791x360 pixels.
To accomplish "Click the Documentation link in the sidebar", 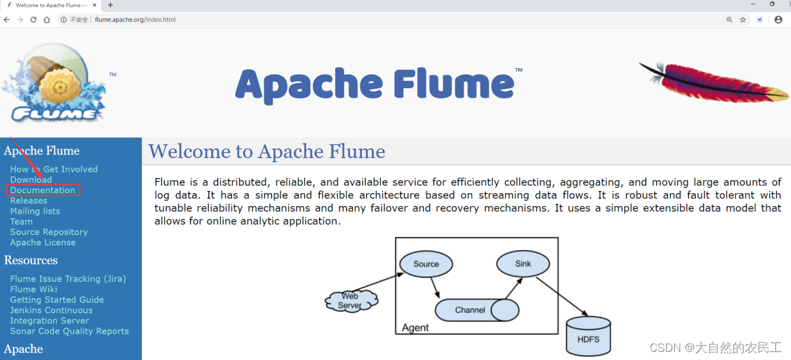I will [x=43, y=190].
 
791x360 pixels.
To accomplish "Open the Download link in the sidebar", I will [x=31, y=179].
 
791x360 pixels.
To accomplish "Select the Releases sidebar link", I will [x=29, y=201].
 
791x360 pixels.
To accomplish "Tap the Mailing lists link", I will [x=35, y=211].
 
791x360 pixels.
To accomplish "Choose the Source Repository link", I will [x=49, y=232].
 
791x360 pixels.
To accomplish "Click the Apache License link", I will [x=43, y=242].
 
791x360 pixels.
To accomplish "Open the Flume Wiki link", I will [x=34, y=289].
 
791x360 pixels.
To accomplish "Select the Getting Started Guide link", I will [x=57, y=300].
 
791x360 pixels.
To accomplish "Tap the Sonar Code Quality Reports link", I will [x=69, y=331].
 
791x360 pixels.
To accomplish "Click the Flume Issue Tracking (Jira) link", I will [x=68, y=279].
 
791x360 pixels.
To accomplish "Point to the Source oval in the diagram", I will [x=426, y=264].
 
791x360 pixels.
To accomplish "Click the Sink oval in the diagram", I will [x=523, y=264].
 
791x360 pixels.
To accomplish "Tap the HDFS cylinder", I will [x=588, y=337].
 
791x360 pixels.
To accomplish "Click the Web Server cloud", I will [x=351, y=301].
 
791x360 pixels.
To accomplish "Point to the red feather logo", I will [x=713, y=81].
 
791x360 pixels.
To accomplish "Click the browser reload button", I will [x=33, y=19].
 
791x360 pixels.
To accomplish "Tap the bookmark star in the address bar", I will [x=743, y=19].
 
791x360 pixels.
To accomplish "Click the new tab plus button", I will [x=111, y=5].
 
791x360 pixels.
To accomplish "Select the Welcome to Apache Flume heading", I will [x=266, y=151].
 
